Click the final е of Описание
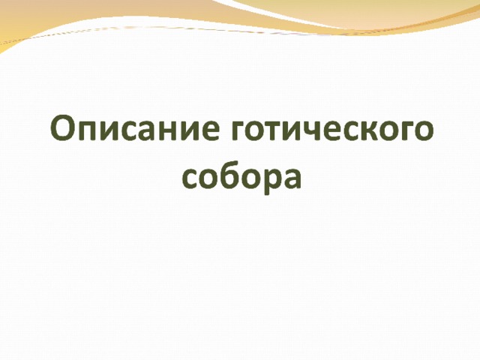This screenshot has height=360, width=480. [211, 130]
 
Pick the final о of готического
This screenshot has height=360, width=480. [424, 130]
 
